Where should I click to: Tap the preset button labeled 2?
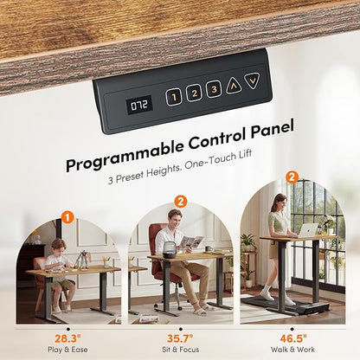(x=194, y=93)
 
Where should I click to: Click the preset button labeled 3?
(x=214, y=89)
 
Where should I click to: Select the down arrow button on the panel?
(x=253, y=80)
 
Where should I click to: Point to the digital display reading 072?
(x=139, y=106)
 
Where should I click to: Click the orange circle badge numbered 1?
(x=67, y=218)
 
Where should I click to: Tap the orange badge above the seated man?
(x=181, y=202)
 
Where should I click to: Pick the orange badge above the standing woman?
(x=292, y=177)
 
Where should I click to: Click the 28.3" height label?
(x=68, y=338)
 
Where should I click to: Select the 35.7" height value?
(x=180, y=338)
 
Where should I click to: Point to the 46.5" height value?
(x=293, y=338)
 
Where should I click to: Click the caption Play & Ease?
(x=67, y=350)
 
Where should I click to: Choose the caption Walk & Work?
(x=292, y=350)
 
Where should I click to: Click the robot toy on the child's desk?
(x=83, y=260)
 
